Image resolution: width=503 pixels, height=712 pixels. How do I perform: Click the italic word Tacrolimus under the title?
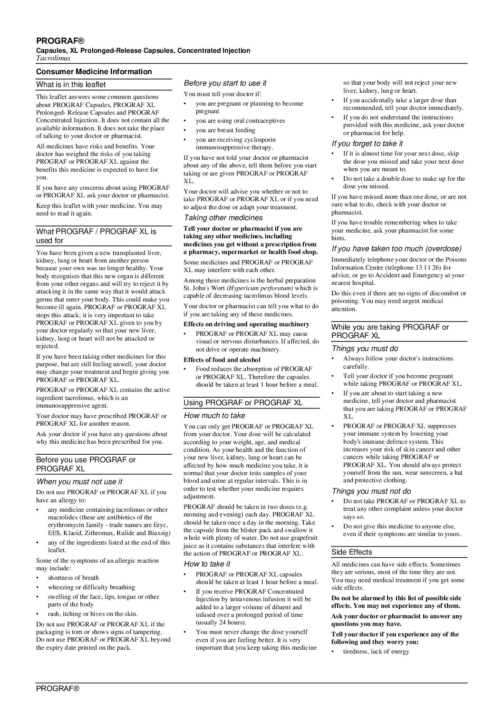(53, 58)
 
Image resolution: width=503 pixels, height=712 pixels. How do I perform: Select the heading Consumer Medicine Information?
(94, 72)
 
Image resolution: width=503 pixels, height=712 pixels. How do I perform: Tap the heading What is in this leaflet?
(71, 85)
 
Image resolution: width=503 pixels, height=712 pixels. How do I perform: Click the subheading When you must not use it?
(79, 482)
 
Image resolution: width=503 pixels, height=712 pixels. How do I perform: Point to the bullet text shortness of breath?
(73, 577)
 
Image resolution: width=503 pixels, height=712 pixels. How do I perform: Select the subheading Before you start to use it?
(225, 83)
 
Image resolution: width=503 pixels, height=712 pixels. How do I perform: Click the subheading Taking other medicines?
(223, 218)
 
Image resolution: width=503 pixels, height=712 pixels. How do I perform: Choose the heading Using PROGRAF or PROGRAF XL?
(243, 403)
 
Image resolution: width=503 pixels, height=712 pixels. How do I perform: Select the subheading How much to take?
(214, 415)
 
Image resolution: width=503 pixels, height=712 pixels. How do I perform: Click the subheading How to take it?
(207, 564)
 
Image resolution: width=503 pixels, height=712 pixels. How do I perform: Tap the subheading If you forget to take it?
(367, 143)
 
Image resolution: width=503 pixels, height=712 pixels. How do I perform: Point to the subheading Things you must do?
(365, 349)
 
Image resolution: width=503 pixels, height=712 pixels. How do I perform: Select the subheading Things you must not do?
(371, 491)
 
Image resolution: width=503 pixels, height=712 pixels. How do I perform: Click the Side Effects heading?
(352, 552)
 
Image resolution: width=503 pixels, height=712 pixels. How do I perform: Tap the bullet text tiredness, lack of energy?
(376, 651)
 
